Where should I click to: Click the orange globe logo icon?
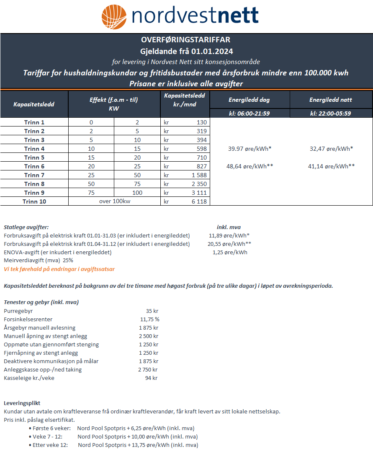[x=114, y=17]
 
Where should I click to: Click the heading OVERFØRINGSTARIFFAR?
[x=186, y=40]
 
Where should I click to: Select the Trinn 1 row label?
[x=34, y=122]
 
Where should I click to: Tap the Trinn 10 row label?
[x=34, y=201]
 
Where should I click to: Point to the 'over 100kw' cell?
[x=114, y=201]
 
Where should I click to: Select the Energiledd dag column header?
[x=249, y=100]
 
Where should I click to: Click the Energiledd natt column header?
[x=331, y=100]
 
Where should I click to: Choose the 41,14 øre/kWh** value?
[x=331, y=166]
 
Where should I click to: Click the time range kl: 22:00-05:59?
[x=331, y=114]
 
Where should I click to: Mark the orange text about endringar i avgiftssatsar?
[x=59, y=269]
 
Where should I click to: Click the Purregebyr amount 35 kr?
[x=152, y=311]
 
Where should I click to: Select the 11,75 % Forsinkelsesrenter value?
[x=149, y=320]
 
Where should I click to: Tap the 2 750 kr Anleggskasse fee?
[x=148, y=370]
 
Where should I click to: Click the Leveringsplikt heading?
[x=22, y=403]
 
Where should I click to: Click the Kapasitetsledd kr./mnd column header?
[x=185, y=100]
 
